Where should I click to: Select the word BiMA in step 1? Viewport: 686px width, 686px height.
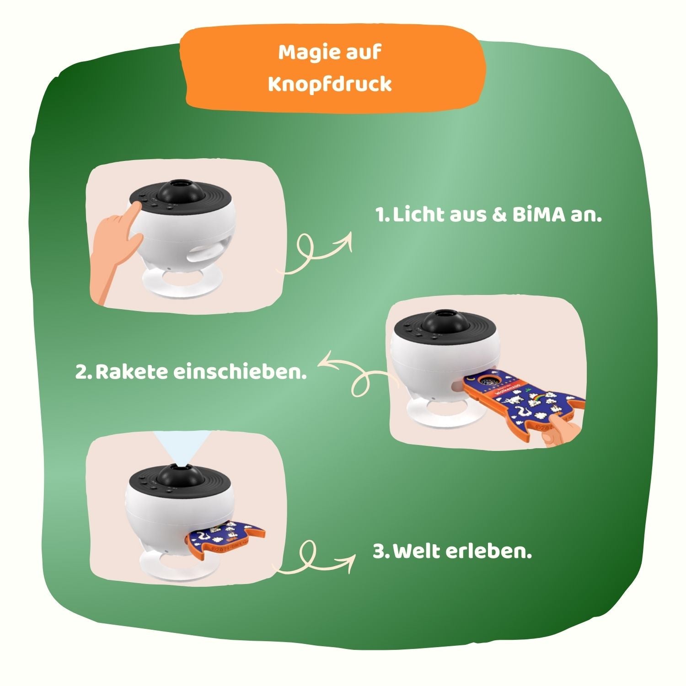point(538,215)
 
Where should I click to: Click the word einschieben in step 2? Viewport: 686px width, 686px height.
point(240,372)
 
